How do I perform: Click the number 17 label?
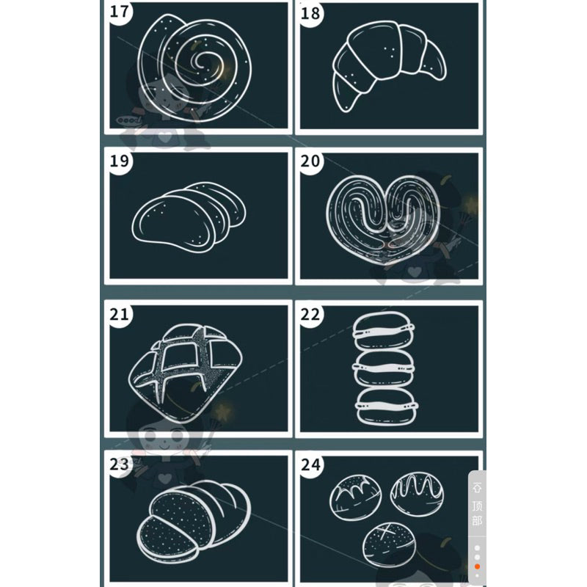pyautogui.click(x=120, y=11)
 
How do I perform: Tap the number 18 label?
pyautogui.click(x=310, y=13)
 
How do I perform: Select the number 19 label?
pyautogui.click(x=120, y=161)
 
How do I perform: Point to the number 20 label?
pyautogui.click(x=310, y=161)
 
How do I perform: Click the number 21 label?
pyautogui.click(x=120, y=314)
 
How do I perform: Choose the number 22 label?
pyautogui.click(x=310, y=315)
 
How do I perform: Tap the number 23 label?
pyautogui.click(x=120, y=464)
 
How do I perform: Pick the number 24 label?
pyautogui.click(x=310, y=465)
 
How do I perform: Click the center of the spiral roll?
pyautogui.click(x=203, y=61)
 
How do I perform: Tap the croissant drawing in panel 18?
pyautogui.click(x=390, y=64)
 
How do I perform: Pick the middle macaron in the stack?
pyautogui.click(x=384, y=368)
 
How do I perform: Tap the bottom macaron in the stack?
pyautogui.click(x=386, y=406)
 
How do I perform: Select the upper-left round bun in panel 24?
pyautogui.click(x=356, y=497)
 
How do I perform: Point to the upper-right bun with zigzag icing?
pyautogui.click(x=417, y=495)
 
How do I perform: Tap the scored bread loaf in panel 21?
pyautogui.click(x=186, y=373)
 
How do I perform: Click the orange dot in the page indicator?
pyautogui.click(x=477, y=566)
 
